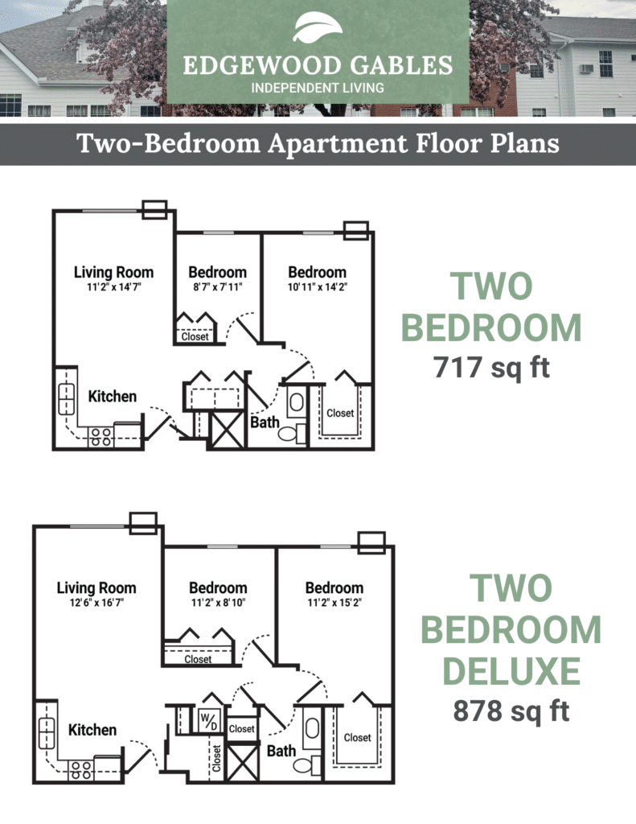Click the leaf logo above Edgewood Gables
(318, 27)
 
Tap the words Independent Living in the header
(318, 88)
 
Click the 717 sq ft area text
(491, 367)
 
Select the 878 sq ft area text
(511, 711)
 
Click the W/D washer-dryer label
(208, 721)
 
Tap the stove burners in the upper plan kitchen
(101, 437)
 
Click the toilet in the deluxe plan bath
(307, 765)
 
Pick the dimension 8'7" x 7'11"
(217, 287)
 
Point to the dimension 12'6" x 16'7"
(96, 602)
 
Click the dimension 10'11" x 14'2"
(318, 287)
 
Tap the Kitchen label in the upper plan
(113, 396)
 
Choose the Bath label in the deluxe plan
(281, 751)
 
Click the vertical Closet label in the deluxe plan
(215, 758)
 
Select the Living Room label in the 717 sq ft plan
(113, 272)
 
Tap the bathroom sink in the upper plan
(296, 402)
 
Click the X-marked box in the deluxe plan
(242, 763)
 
